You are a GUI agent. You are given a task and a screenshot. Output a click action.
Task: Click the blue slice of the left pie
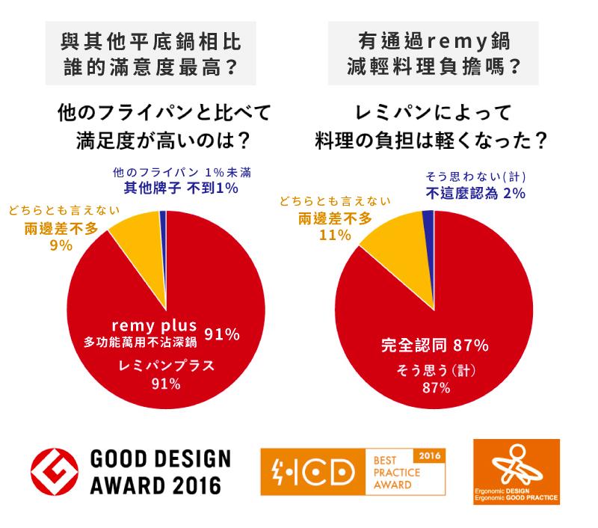[x=163, y=218]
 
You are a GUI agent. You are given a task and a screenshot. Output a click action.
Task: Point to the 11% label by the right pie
[x=335, y=234]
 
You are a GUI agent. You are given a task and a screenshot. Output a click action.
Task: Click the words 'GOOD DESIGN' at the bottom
[x=160, y=459]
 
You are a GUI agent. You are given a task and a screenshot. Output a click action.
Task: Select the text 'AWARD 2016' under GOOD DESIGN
[x=155, y=485]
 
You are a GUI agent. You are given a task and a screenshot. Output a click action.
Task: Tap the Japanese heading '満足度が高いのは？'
[x=162, y=140]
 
